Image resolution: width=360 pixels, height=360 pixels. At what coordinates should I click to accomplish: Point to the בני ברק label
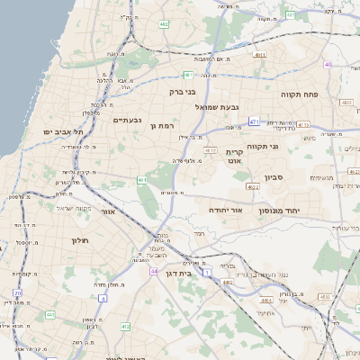[x=182, y=91]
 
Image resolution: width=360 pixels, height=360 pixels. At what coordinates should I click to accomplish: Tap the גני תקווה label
[x=286, y=146]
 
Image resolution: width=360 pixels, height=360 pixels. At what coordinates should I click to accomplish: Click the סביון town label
[x=274, y=177]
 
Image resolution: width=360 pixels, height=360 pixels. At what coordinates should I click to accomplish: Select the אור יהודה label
[x=225, y=208]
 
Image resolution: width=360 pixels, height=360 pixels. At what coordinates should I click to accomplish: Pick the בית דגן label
[x=181, y=272]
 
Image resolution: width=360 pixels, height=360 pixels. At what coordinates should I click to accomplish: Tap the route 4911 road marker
[x=260, y=55]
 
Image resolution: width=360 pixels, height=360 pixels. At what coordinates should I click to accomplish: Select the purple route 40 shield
[x=328, y=65]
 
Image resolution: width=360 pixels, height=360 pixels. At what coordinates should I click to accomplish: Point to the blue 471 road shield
[x=255, y=121]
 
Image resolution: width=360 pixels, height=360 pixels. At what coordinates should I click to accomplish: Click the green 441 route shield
[x=49, y=315]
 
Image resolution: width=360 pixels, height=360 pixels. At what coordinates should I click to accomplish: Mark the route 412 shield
[x=125, y=326]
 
